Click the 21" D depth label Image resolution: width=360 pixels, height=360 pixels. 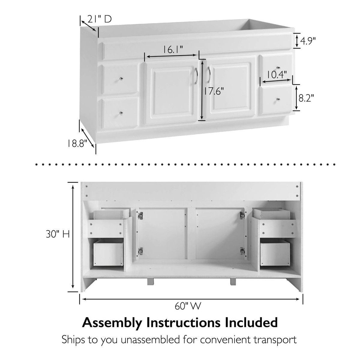[100, 19]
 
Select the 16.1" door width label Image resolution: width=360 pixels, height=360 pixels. [172, 50]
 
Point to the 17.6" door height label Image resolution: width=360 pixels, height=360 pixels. [214, 91]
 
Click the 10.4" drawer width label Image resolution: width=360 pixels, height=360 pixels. [277, 75]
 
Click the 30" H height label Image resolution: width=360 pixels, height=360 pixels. [58, 234]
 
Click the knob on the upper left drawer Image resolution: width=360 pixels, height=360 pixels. [121, 79]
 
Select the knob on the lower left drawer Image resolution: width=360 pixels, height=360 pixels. [121, 113]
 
